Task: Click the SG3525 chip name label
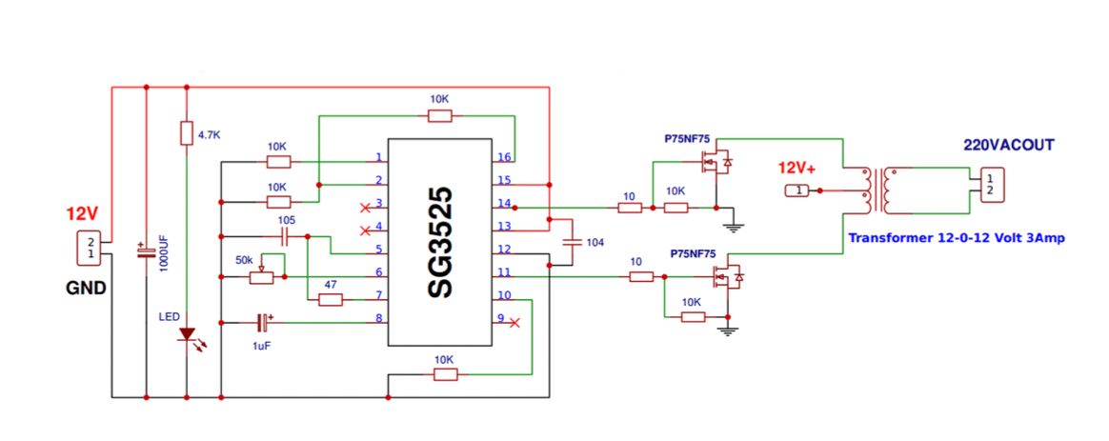point(439,243)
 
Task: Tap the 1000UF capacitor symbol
point(146,253)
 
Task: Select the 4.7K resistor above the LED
point(187,133)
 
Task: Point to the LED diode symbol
point(188,335)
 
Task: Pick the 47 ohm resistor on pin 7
point(330,300)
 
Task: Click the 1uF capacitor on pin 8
point(263,323)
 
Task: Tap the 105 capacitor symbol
point(285,236)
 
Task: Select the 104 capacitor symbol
point(572,242)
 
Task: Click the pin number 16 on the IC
point(504,157)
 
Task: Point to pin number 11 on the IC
point(504,273)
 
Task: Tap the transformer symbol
point(877,191)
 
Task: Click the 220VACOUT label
point(1008,145)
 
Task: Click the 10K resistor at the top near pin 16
point(439,116)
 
